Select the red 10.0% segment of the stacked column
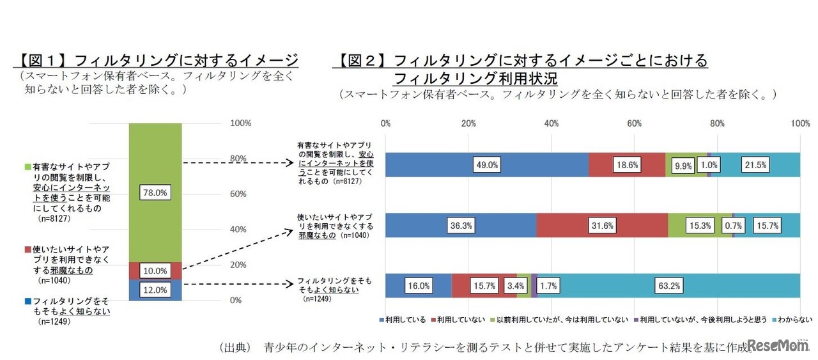pos(155,271)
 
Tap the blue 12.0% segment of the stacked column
pos(155,290)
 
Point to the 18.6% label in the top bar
pos(626,165)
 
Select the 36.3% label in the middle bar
pos(460,226)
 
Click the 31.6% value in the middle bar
pos(602,226)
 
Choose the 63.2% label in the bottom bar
pos(668,286)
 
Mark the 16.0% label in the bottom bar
pos(419,286)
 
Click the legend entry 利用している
pos(406,320)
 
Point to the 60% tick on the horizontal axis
pos(634,123)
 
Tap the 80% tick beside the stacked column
pos(238,159)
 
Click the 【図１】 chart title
pos(157,61)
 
